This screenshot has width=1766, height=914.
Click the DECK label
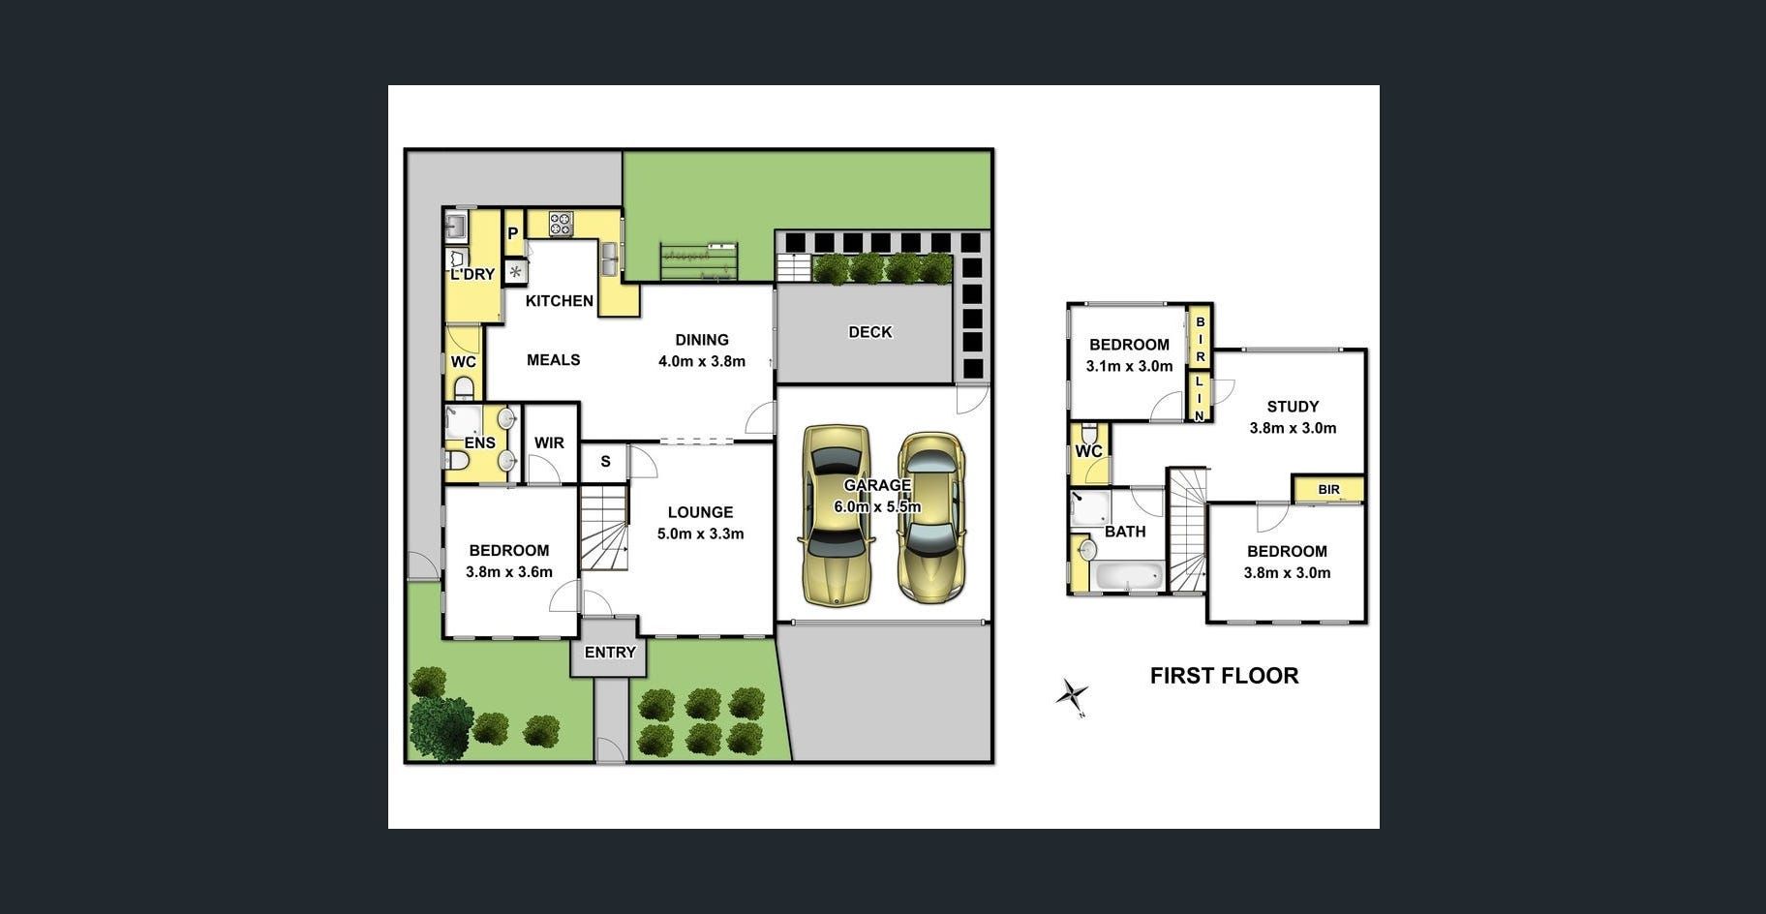(x=869, y=332)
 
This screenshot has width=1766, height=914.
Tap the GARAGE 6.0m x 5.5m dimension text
(x=877, y=506)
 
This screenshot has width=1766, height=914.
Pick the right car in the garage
(x=930, y=517)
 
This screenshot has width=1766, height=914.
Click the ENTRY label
(x=610, y=653)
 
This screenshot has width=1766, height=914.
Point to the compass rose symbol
(x=1072, y=695)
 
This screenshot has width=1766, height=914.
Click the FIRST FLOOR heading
(x=1224, y=676)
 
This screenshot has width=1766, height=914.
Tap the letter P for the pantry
(x=513, y=233)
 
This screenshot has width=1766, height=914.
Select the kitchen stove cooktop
(x=562, y=225)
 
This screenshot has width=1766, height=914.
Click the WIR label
(x=549, y=442)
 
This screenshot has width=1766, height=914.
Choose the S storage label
(x=605, y=462)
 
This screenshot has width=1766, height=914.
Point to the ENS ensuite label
(x=479, y=443)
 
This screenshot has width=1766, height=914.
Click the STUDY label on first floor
(x=1293, y=407)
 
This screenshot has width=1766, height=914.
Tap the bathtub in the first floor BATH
(x=1129, y=576)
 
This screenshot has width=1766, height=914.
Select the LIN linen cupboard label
(x=1199, y=398)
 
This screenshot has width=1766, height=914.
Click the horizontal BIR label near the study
(x=1328, y=490)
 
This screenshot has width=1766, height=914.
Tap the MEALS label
(x=554, y=360)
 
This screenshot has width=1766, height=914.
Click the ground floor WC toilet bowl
(x=464, y=389)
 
